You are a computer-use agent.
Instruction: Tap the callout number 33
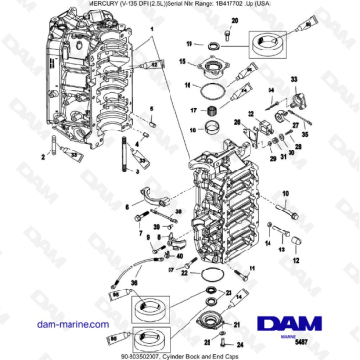pyautogui.click(x=293, y=77)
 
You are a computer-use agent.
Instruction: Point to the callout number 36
pyautogui.click(x=132, y=282)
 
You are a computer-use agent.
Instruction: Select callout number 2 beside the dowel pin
pyautogui.click(x=41, y=152)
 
